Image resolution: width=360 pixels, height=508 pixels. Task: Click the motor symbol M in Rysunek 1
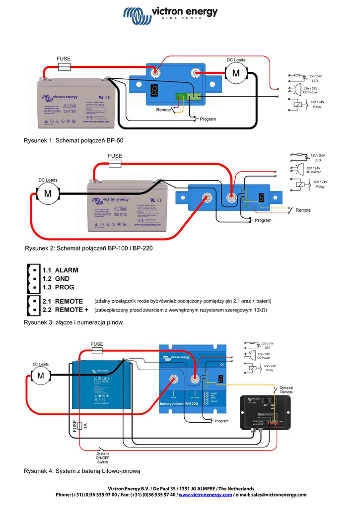236,74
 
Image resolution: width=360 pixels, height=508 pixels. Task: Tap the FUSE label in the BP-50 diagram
64,58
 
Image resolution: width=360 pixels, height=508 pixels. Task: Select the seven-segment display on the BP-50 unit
154,90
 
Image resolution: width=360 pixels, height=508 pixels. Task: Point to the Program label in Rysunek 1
208,119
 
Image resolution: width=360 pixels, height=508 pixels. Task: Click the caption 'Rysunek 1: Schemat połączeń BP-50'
73,140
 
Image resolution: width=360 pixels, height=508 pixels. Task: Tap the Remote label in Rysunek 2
303,210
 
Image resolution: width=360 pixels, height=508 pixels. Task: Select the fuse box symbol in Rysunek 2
115,163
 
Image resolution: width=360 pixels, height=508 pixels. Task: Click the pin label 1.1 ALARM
60,270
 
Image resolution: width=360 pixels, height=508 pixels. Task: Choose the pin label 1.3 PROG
58,287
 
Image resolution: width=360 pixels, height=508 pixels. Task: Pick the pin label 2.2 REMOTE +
65,310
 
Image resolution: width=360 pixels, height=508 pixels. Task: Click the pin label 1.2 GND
56,279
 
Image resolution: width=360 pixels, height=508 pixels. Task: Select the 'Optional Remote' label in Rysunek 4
286,390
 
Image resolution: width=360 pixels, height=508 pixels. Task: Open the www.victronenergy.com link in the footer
205,495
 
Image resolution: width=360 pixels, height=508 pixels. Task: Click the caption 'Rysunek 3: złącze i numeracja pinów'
73,322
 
